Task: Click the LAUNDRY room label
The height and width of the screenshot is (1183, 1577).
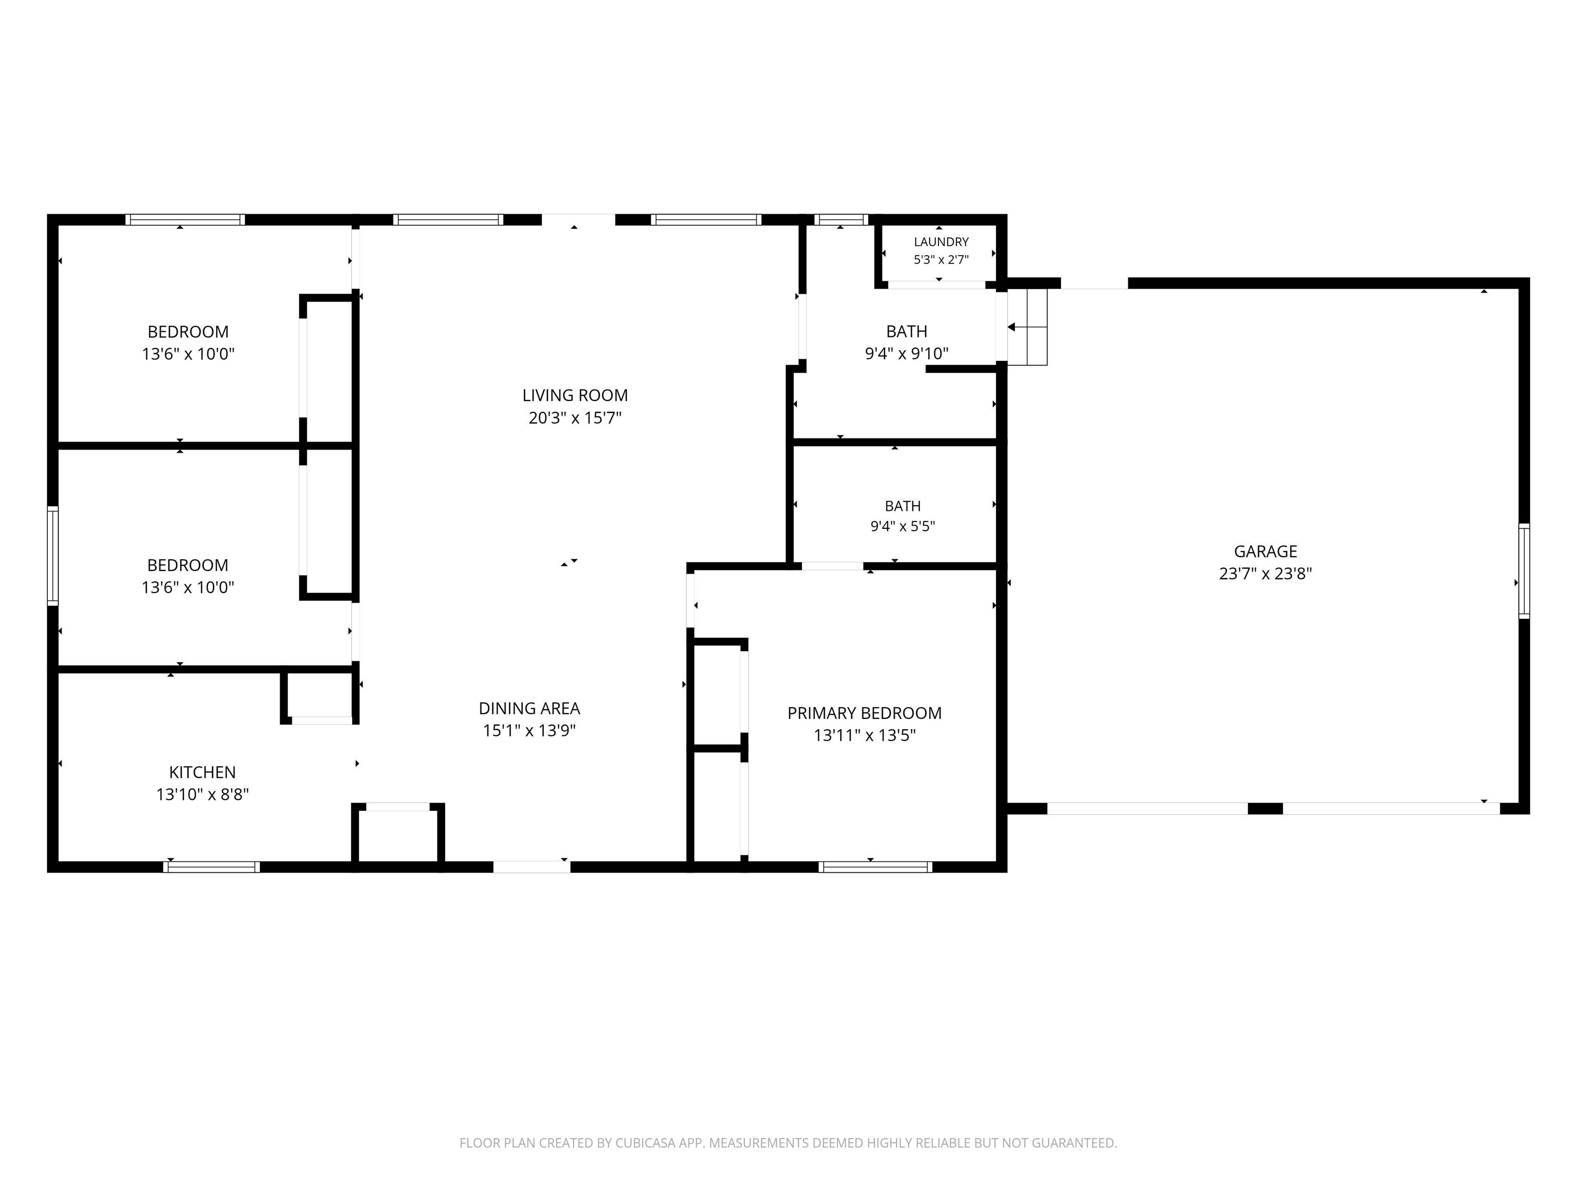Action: click(941, 242)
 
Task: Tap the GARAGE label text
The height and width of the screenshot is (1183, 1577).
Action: click(1265, 551)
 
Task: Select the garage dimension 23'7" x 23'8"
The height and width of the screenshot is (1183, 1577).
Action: click(1265, 574)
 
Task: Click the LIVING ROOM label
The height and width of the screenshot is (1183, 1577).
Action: click(574, 395)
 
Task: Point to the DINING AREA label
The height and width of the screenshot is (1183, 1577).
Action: click(529, 708)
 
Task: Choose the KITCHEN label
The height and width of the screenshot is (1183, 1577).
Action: click(202, 772)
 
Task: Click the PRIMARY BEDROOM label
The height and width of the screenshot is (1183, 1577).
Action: click(864, 713)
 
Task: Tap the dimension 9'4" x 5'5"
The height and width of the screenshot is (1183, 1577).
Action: click(902, 526)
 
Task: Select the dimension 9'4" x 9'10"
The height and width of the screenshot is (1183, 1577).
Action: click(907, 353)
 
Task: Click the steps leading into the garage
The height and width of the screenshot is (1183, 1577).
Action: click(1027, 327)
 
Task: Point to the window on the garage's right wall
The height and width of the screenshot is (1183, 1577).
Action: click(1524, 570)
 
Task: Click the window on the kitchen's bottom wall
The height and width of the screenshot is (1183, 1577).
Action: click(211, 867)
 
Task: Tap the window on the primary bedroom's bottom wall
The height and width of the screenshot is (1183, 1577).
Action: click(875, 867)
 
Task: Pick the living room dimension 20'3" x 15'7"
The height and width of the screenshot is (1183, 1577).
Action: click(574, 417)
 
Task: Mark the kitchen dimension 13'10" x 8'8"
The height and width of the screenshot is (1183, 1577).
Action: click(202, 794)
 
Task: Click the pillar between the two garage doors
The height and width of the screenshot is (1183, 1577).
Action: click(1265, 809)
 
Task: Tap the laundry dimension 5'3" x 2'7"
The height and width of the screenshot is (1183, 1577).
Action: click(941, 260)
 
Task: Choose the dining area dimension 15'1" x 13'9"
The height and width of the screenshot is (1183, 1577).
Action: click(529, 730)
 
